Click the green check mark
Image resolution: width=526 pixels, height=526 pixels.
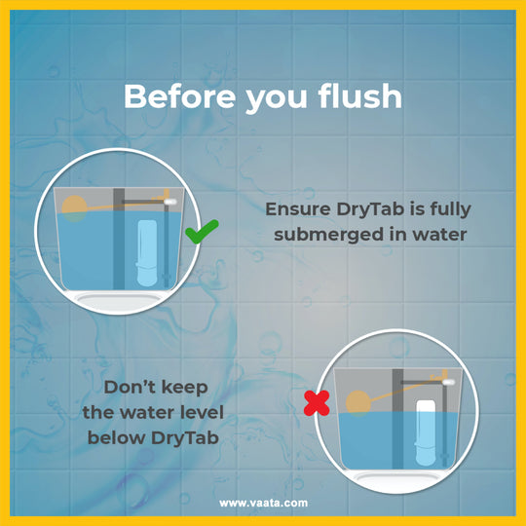click(x=201, y=232)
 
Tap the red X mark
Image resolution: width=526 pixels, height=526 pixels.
click(x=317, y=403)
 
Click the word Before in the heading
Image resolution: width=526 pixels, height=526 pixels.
click(x=180, y=96)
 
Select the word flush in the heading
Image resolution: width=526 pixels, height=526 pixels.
click(x=360, y=95)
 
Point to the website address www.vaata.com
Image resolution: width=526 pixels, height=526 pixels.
click(x=263, y=503)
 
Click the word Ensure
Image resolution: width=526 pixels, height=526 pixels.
click(x=298, y=209)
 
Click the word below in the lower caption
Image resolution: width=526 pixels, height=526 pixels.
click(x=116, y=437)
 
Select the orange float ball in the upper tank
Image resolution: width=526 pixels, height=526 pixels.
click(x=74, y=208)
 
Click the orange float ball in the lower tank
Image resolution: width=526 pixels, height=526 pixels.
click(x=357, y=403)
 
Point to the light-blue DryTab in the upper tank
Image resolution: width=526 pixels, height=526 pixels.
click(x=147, y=253)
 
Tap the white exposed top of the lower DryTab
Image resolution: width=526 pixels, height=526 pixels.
click(x=426, y=406)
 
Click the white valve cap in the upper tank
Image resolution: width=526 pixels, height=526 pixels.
click(x=170, y=202)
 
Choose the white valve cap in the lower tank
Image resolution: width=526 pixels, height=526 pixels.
click(x=448, y=382)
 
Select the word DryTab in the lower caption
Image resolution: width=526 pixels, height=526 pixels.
click(x=185, y=438)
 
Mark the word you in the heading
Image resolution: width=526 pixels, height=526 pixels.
click(x=277, y=99)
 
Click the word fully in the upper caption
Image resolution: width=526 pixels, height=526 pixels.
click(x=451, y=209)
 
